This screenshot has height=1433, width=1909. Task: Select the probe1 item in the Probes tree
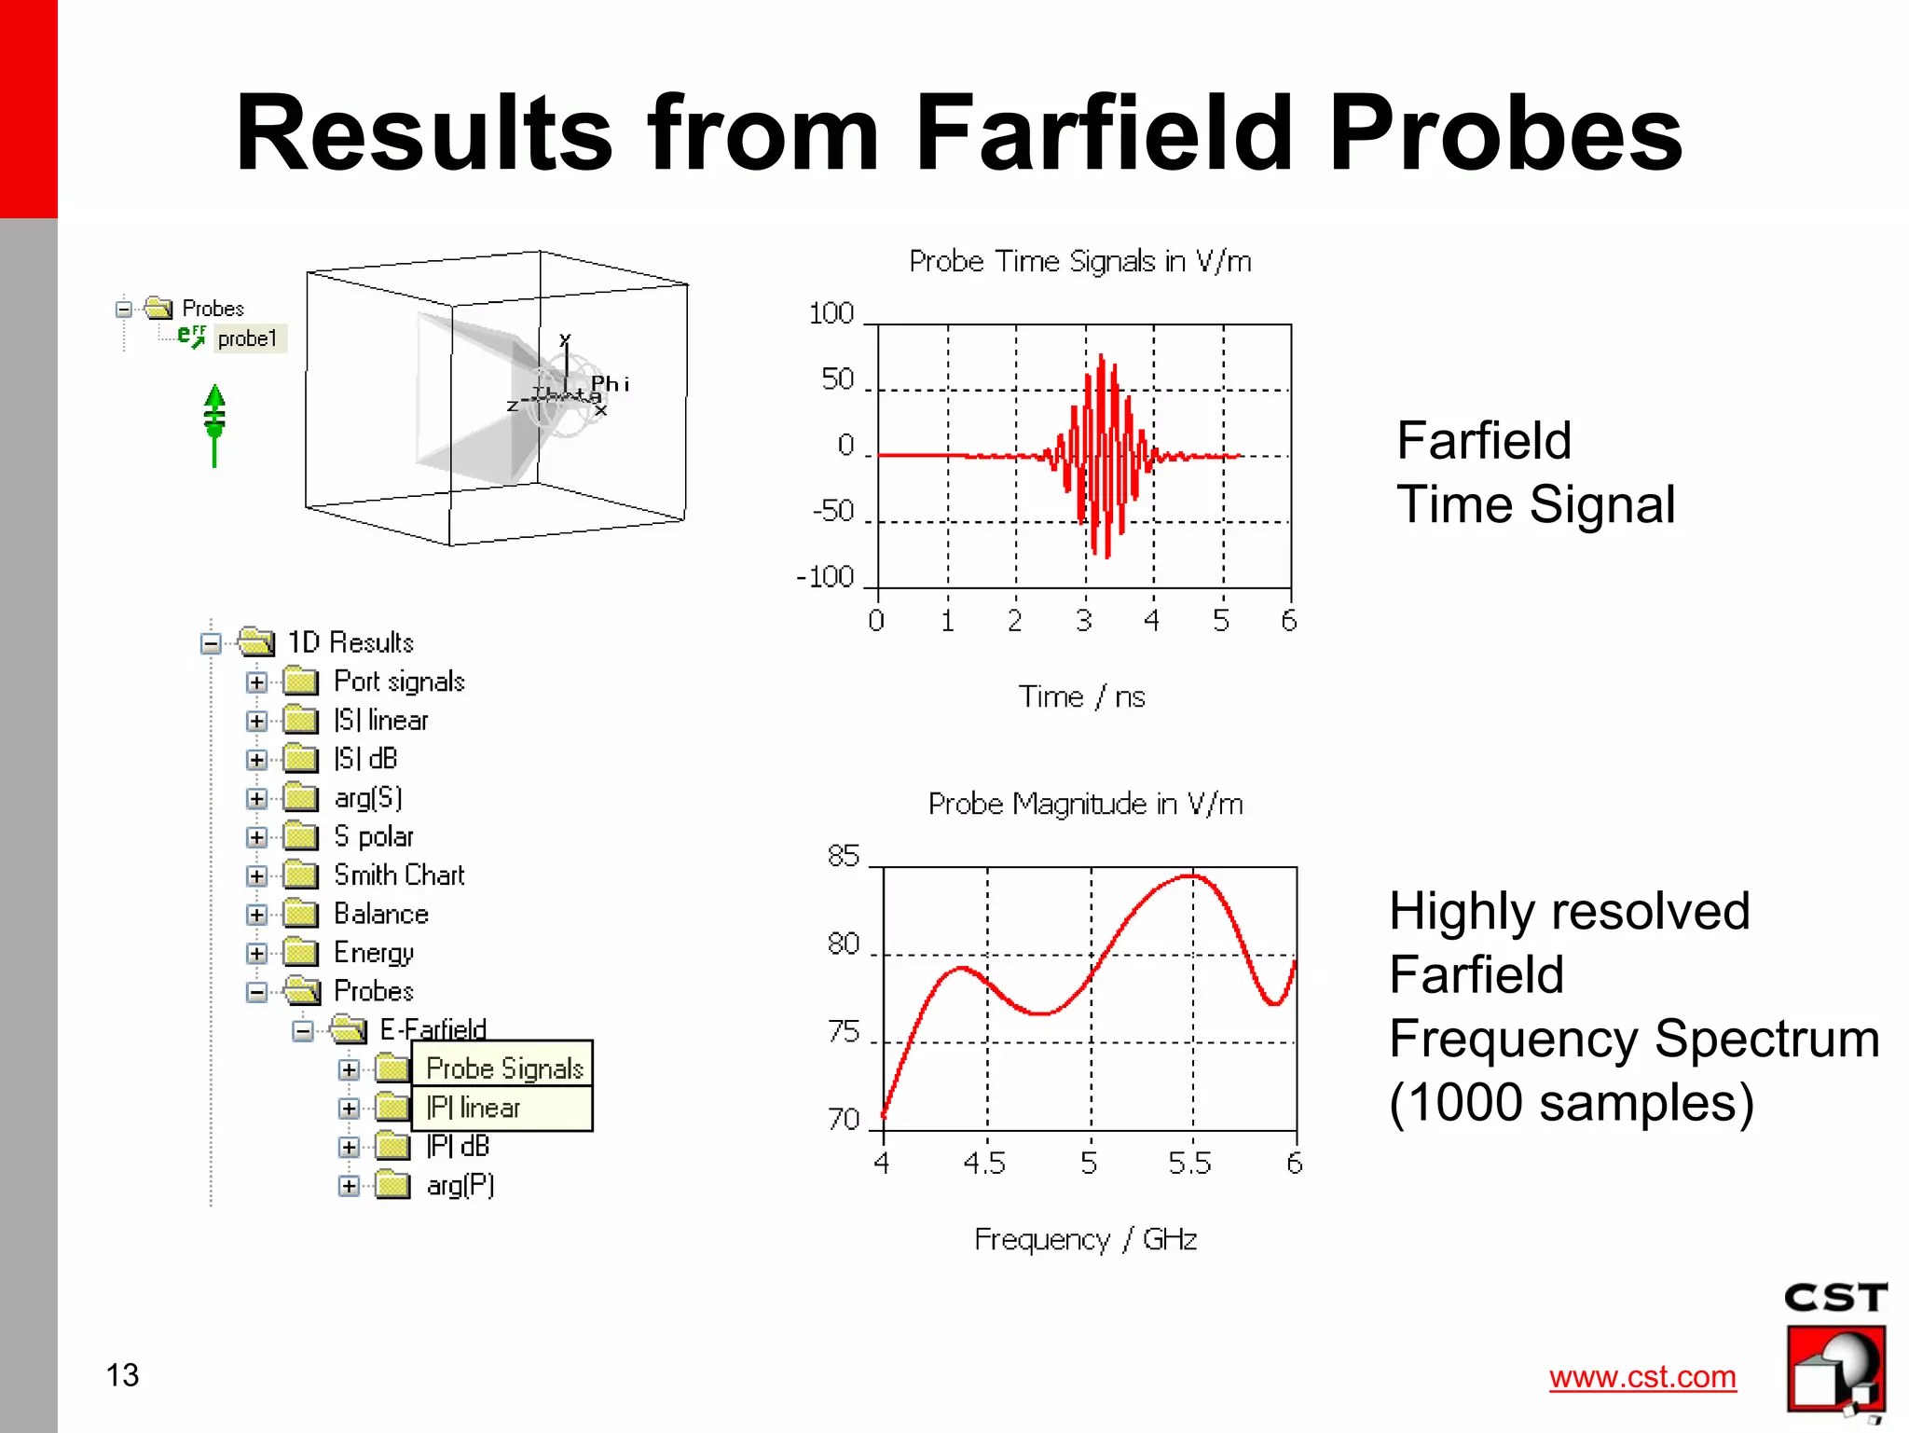click(247, 338)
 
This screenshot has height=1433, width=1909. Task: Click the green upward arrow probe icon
click(214, 424)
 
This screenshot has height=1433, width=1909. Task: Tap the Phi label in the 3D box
click(611, 383)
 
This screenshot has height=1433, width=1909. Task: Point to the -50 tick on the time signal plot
click(832, 511)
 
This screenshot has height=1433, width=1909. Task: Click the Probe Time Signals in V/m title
click(1079, 261)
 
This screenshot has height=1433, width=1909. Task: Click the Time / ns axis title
click(1081, 696)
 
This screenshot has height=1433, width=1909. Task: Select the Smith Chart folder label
click(399, 875)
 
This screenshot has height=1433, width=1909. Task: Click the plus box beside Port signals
click(256, 682)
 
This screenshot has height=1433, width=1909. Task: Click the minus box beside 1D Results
click(211, 643)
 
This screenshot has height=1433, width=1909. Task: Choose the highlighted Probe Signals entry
click(504, 1068)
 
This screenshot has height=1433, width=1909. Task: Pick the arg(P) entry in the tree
click(460, 1185)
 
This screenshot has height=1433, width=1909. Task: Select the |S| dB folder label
click(365, 759)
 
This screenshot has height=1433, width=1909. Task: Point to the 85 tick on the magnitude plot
click(844, 856)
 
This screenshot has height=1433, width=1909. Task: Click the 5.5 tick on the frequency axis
click(1189, 1164)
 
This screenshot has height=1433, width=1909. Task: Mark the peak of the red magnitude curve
click(1192, 875)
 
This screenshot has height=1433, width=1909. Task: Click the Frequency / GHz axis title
click(1085, 1239)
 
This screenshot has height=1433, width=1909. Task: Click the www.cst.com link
click(1642, 1376)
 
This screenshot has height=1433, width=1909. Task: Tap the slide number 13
click(122, 1375)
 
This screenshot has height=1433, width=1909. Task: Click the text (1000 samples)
click(1571, 1103)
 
